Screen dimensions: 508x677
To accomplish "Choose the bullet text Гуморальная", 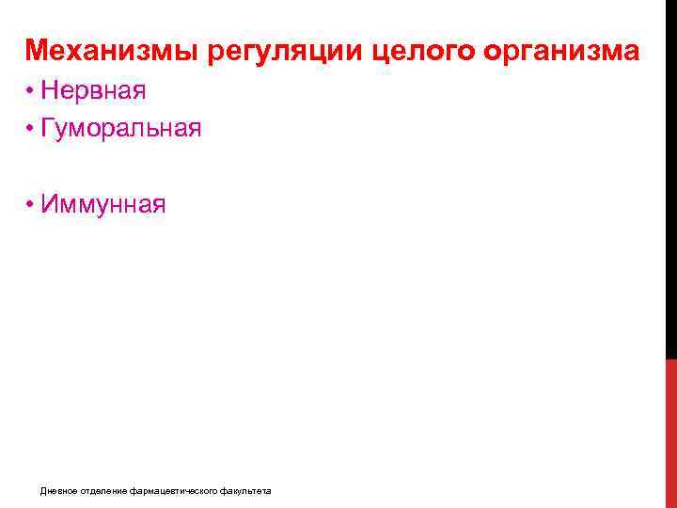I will coord(121,127).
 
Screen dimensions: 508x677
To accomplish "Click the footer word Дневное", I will coord(55,491).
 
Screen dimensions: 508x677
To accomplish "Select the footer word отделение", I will coord(99,491).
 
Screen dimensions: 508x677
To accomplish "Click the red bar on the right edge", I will coord(670,433).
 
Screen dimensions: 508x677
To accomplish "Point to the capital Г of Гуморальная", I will coord(47,127).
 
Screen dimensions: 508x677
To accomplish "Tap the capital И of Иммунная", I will coord(48,204).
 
